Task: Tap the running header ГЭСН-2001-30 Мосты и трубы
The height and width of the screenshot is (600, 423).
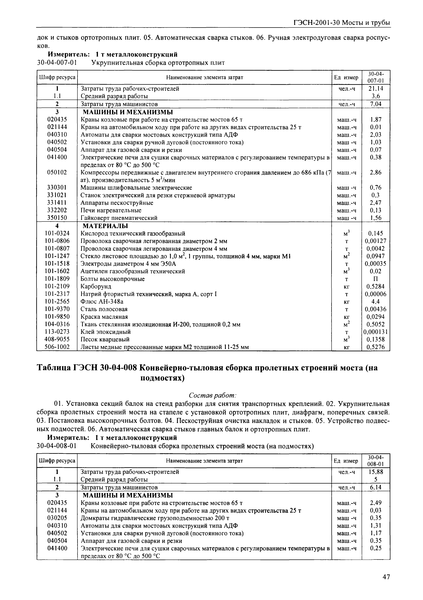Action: click(x=342, y=23)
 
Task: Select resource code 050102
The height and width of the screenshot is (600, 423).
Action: click(x=57, y=172)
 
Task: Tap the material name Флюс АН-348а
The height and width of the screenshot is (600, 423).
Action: click(x=102, y=302)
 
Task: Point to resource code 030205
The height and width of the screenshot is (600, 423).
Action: click(x=57, y=518)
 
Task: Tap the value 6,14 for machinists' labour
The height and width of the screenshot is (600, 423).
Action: click(x=376, y=487)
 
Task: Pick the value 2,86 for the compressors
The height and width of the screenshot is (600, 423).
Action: click(x=376, y=172)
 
